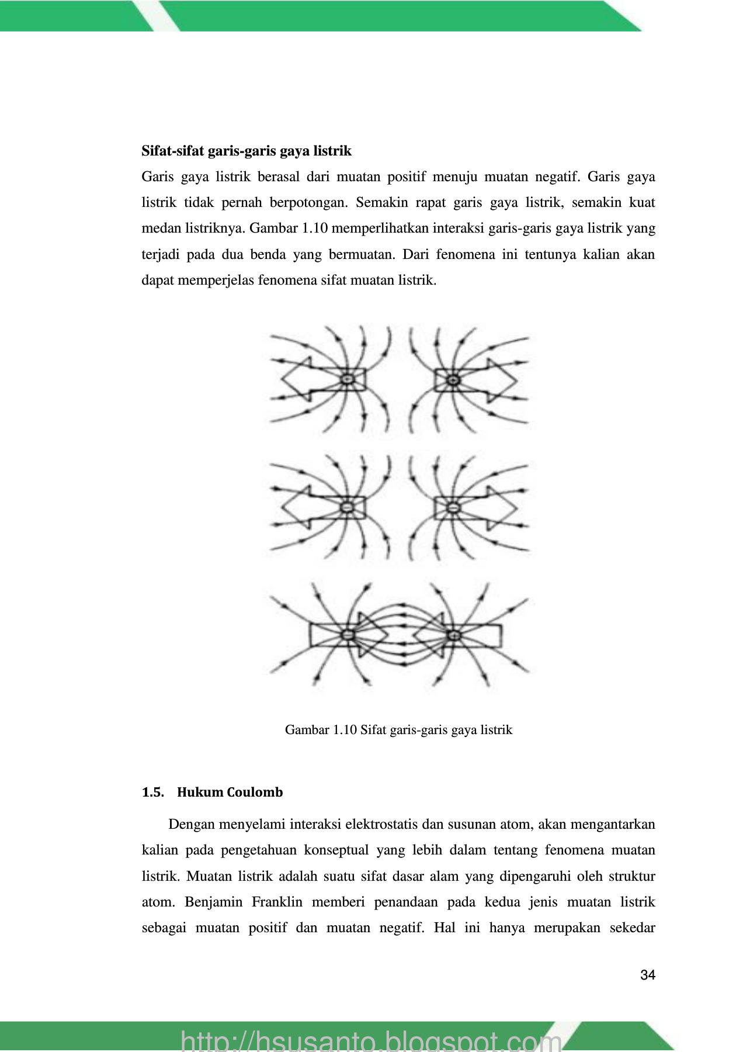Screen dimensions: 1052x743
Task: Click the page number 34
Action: [647, 975]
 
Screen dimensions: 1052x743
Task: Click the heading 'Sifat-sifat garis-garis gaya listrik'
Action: [246, 151]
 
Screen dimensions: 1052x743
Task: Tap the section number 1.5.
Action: [152, 792]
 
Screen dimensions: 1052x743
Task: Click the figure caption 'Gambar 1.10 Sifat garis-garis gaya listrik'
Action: [398, 729]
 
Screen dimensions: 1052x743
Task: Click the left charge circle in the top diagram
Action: [348, 380]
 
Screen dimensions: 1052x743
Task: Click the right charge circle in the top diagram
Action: [453, 380]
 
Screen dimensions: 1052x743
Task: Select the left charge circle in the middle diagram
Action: [348, 507]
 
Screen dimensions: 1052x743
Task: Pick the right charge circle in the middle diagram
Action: [453, 507]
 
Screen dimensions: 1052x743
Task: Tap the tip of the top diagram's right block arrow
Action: [516, 380]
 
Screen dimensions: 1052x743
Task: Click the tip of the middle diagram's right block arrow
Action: [516, 507]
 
